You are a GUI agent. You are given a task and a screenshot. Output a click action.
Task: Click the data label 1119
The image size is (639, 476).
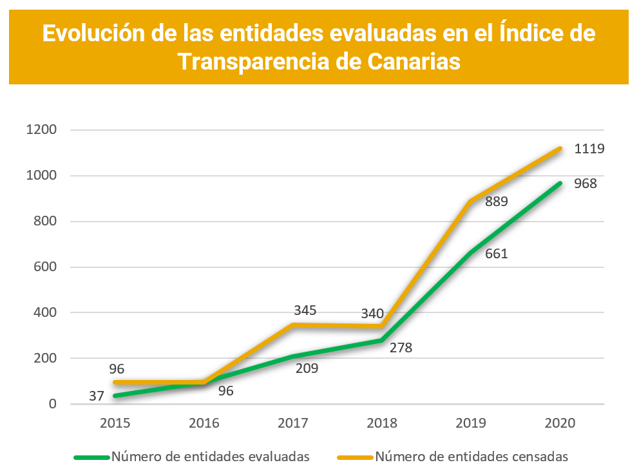point(589,149)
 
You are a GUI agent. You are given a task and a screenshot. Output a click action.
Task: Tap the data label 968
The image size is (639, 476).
point(585,184)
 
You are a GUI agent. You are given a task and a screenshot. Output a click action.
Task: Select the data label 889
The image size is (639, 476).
point(496,201)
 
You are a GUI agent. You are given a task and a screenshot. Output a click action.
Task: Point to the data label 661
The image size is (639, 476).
point(496,253)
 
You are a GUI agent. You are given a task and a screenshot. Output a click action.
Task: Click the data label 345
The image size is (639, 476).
point(304,310)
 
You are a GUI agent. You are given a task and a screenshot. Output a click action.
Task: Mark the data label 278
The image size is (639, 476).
point(400,348)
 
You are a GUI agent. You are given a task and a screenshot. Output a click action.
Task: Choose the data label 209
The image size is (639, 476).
point(306,368)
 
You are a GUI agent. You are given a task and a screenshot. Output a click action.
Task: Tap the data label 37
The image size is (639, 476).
point(96,396)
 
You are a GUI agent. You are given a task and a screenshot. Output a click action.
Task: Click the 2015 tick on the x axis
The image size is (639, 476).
point(115,423)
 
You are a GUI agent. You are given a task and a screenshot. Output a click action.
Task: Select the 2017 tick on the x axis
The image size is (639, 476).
point(293,423)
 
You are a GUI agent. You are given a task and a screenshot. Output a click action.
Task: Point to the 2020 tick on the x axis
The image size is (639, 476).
point(560,423)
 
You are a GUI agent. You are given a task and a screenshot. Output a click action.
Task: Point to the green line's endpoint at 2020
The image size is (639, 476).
point(560,183)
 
